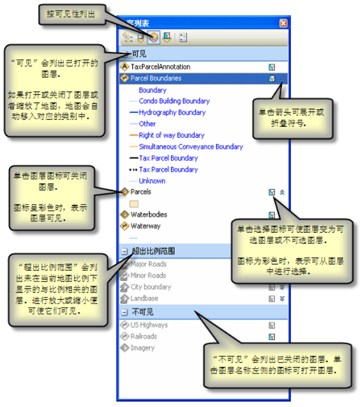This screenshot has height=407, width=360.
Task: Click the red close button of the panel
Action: point(283,23)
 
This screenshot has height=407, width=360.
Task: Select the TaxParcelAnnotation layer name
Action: point(160,67)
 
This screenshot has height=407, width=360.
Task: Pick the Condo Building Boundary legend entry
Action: point(174,101)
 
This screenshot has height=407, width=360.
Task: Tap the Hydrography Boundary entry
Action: point(172,112)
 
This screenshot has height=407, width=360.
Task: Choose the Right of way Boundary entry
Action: point(171,135)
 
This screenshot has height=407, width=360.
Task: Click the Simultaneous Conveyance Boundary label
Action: point(191,146)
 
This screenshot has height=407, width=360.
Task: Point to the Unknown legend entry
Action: point(152,181)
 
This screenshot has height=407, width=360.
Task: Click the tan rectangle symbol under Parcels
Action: point(135,203)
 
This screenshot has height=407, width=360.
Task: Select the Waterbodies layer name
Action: point(150,215)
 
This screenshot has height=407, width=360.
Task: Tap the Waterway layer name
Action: point(145,226)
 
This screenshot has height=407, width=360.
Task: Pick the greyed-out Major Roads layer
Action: point(148,264)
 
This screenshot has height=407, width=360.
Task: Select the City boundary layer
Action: point(151,287)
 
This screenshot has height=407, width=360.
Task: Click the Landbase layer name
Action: point(144,298)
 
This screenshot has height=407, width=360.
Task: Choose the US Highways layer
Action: point(149,325)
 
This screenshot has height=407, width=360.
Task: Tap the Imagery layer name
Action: point(143,348)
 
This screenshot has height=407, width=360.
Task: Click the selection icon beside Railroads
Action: point(272,336)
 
